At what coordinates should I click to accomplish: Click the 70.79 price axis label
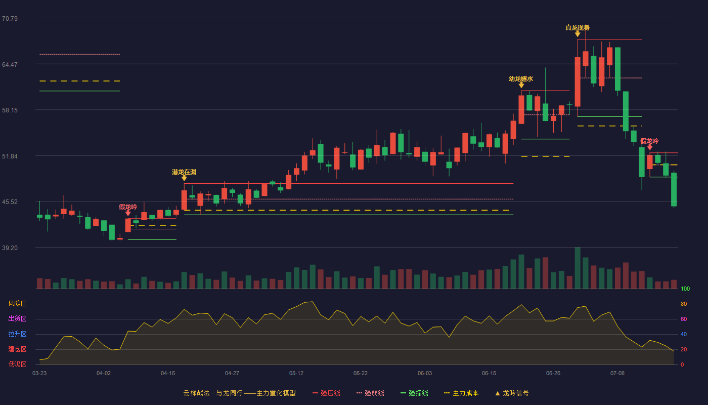pos(10,19)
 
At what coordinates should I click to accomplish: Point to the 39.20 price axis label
pos(10,248)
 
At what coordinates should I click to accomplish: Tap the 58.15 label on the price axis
pos(10,110)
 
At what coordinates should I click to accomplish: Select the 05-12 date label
pos(296,374)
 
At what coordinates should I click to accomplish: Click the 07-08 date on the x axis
pos(617,374)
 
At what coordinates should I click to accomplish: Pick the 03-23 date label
pos(39,374)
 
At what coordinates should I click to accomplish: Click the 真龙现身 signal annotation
pos(578,27)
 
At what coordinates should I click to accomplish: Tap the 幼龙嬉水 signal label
pos(521,78)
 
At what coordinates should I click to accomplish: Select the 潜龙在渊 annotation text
pos(184,172)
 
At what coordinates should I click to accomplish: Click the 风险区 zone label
pos(17,303)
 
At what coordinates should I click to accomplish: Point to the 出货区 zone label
pos(17,318)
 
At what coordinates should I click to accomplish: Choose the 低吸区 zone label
pos(17,364)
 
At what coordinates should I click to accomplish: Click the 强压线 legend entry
pos(326,393)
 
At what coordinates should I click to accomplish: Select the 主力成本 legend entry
pos(461,393)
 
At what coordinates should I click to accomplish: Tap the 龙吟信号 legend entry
pos(512,393)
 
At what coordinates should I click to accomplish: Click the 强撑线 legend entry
pos(414,393)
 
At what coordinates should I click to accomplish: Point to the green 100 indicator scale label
pos(685,289)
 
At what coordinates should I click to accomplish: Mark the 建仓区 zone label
pos(17,349)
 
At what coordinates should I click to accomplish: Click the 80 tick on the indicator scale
pos(684,304)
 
